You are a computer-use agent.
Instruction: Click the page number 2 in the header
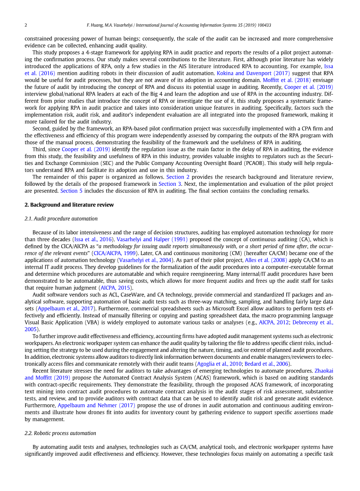click(x=26, y=26)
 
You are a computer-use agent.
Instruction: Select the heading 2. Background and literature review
click(x=69, y=204)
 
